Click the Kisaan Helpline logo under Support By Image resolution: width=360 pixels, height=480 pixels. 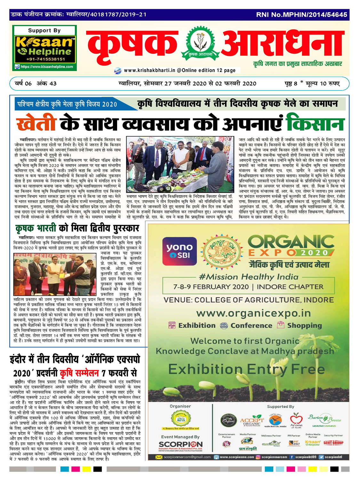[x=44, y=47]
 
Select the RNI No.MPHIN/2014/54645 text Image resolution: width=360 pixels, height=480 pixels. [x=301, y=15]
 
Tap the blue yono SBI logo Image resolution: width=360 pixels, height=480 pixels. [x=180, y=251]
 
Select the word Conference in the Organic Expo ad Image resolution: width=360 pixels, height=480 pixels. [x=251, y=325]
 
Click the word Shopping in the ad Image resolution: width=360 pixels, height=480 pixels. [x=304, y=325]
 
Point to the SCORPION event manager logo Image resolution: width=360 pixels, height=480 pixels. [x=180, y=444]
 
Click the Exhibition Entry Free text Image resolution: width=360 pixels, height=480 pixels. [x=242, y=369]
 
